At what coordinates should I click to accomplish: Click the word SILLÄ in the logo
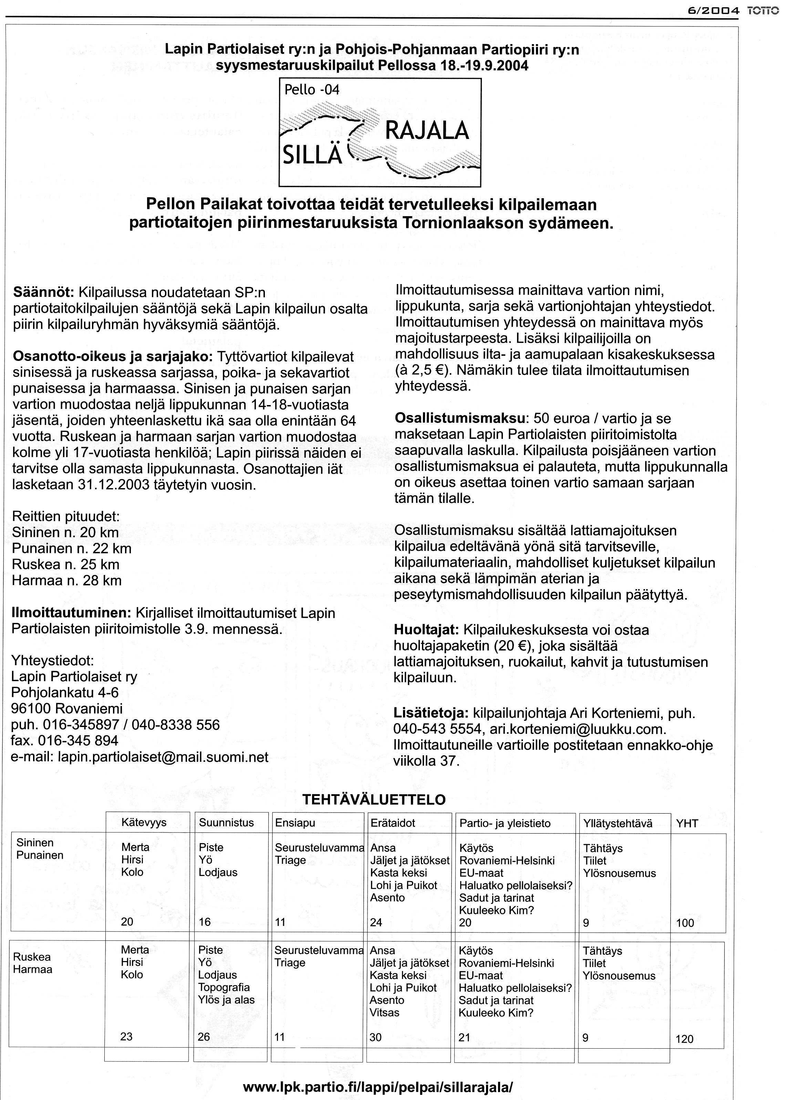pos(312,155)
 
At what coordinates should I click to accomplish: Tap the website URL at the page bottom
pos(378,1074)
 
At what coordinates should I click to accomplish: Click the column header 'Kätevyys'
pos(144,823)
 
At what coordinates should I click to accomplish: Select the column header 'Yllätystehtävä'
pos(618,823)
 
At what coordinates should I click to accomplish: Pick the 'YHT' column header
pos(687,823)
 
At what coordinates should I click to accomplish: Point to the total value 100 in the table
pos(685,923)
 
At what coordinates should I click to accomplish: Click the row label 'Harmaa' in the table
pos(32,969)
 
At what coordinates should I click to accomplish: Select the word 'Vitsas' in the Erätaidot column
pos(385,1012)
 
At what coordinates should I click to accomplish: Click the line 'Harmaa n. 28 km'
pos(67,581)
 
